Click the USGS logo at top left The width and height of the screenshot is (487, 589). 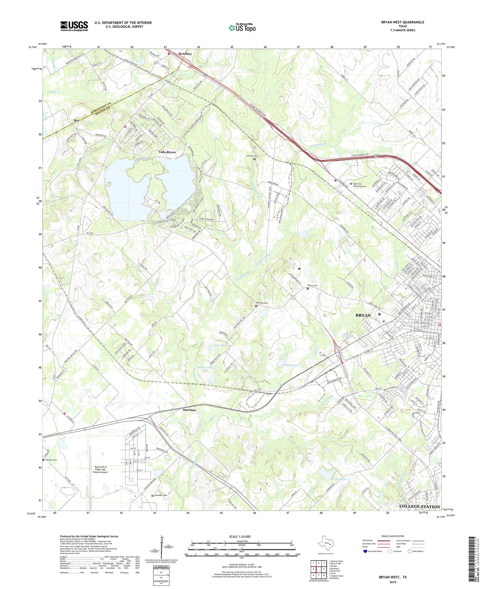click(x=74, y=26)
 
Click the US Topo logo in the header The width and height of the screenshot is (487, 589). click(x=242, y=28)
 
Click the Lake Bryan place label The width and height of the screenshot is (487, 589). click(x=167, y=152)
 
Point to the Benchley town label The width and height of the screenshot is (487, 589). click(x=185, y=54)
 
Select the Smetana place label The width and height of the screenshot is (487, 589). click(x=189, y=410)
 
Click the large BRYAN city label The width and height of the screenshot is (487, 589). click(x=363, y=315)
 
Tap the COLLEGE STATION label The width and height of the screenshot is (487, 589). click(x=419, y=506)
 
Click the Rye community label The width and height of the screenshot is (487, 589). click(x=77, y=121)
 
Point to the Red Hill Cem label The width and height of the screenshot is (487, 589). click(x=262, y=303)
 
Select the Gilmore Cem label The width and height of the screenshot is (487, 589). click(x=251, y=156)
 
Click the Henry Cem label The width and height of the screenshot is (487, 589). click(x=312, y=286)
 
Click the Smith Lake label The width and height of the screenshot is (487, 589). click(x=291, y=365)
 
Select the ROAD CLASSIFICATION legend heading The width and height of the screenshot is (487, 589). click(x=393, y=536)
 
